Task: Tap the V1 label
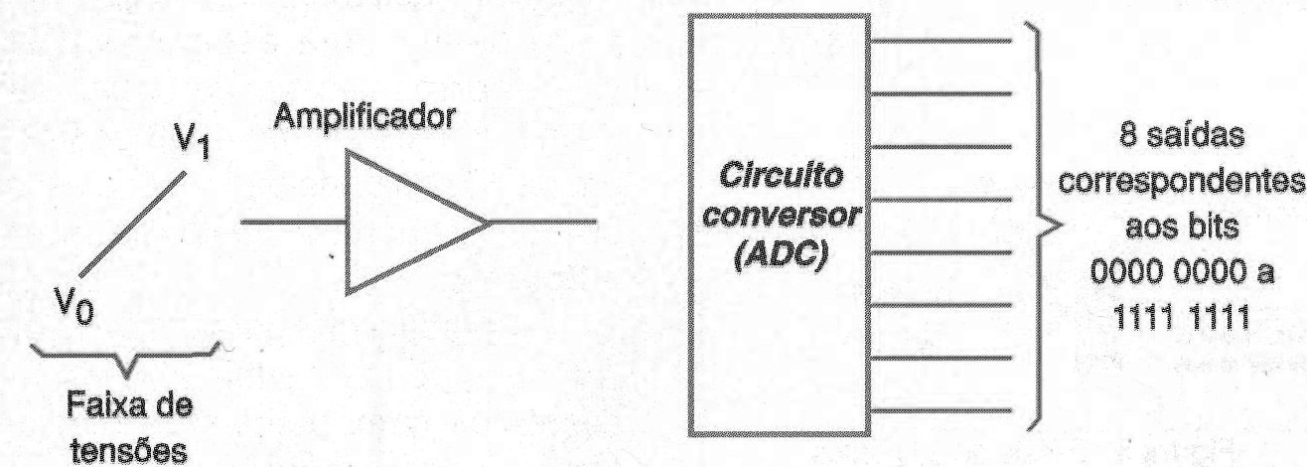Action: pyautogui.click(x=193, y=142)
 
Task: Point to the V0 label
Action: pyautogui.click(x=74, y=305)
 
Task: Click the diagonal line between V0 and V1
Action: pyautogui.click(x=132, y=225)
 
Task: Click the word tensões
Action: pyautogui.click(x=129, y=450)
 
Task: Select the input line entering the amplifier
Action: pyautogui.click(x=293, y=222)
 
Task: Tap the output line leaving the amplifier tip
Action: pyautogui.click(x=542, y=222)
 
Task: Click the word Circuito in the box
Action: pyautogui.click(x=781, y=176)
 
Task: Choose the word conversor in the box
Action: pyautogui.click(x=782, y=216)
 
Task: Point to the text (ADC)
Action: pyautogui.click(x=781, y=257)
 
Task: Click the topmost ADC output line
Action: pyautogui.click(x=941, y=41)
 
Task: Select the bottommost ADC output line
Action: pyautogui.click(x=941, y=411)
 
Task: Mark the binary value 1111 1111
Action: pyautogui.click(x=1182, y=318)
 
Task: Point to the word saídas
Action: pyautogui.click(x=1196, y=136)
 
